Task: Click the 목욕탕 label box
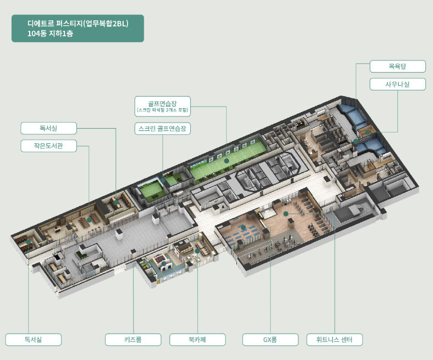(x=397, y=67)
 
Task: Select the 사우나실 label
(x=397, y=84)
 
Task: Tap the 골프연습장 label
(x=163, y=103)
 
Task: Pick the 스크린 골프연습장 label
(x=163, y=129)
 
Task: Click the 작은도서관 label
(x=48, y=146)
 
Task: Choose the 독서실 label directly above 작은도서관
(x=48, y=128)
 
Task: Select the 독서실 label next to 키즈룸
(x=33, y=340)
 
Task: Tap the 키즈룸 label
(x=133, y=340)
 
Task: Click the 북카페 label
(x=197, y=340)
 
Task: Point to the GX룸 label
(x=270, y=340)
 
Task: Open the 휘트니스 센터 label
(x=335, y=340)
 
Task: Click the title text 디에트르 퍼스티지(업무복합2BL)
(x=77, y=24)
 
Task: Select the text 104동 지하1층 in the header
(x=50, y=34)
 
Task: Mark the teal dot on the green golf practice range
(x=226, y=161)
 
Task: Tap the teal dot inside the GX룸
(x=243, y=227)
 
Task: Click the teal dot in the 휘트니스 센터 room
(x=286, y=213)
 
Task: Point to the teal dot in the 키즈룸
(x=163, y=264)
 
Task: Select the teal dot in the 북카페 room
(x=197, y=251)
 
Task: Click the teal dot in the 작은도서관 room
(x=89, y=219)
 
